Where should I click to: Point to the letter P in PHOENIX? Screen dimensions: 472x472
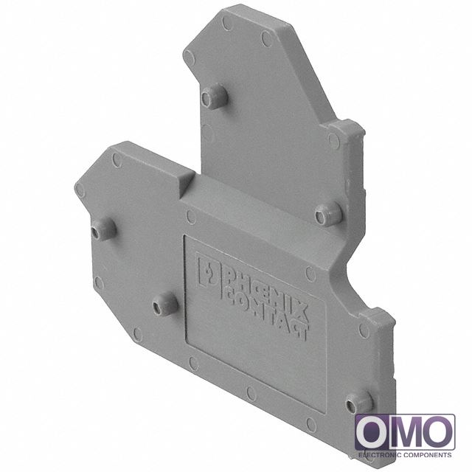229,274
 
